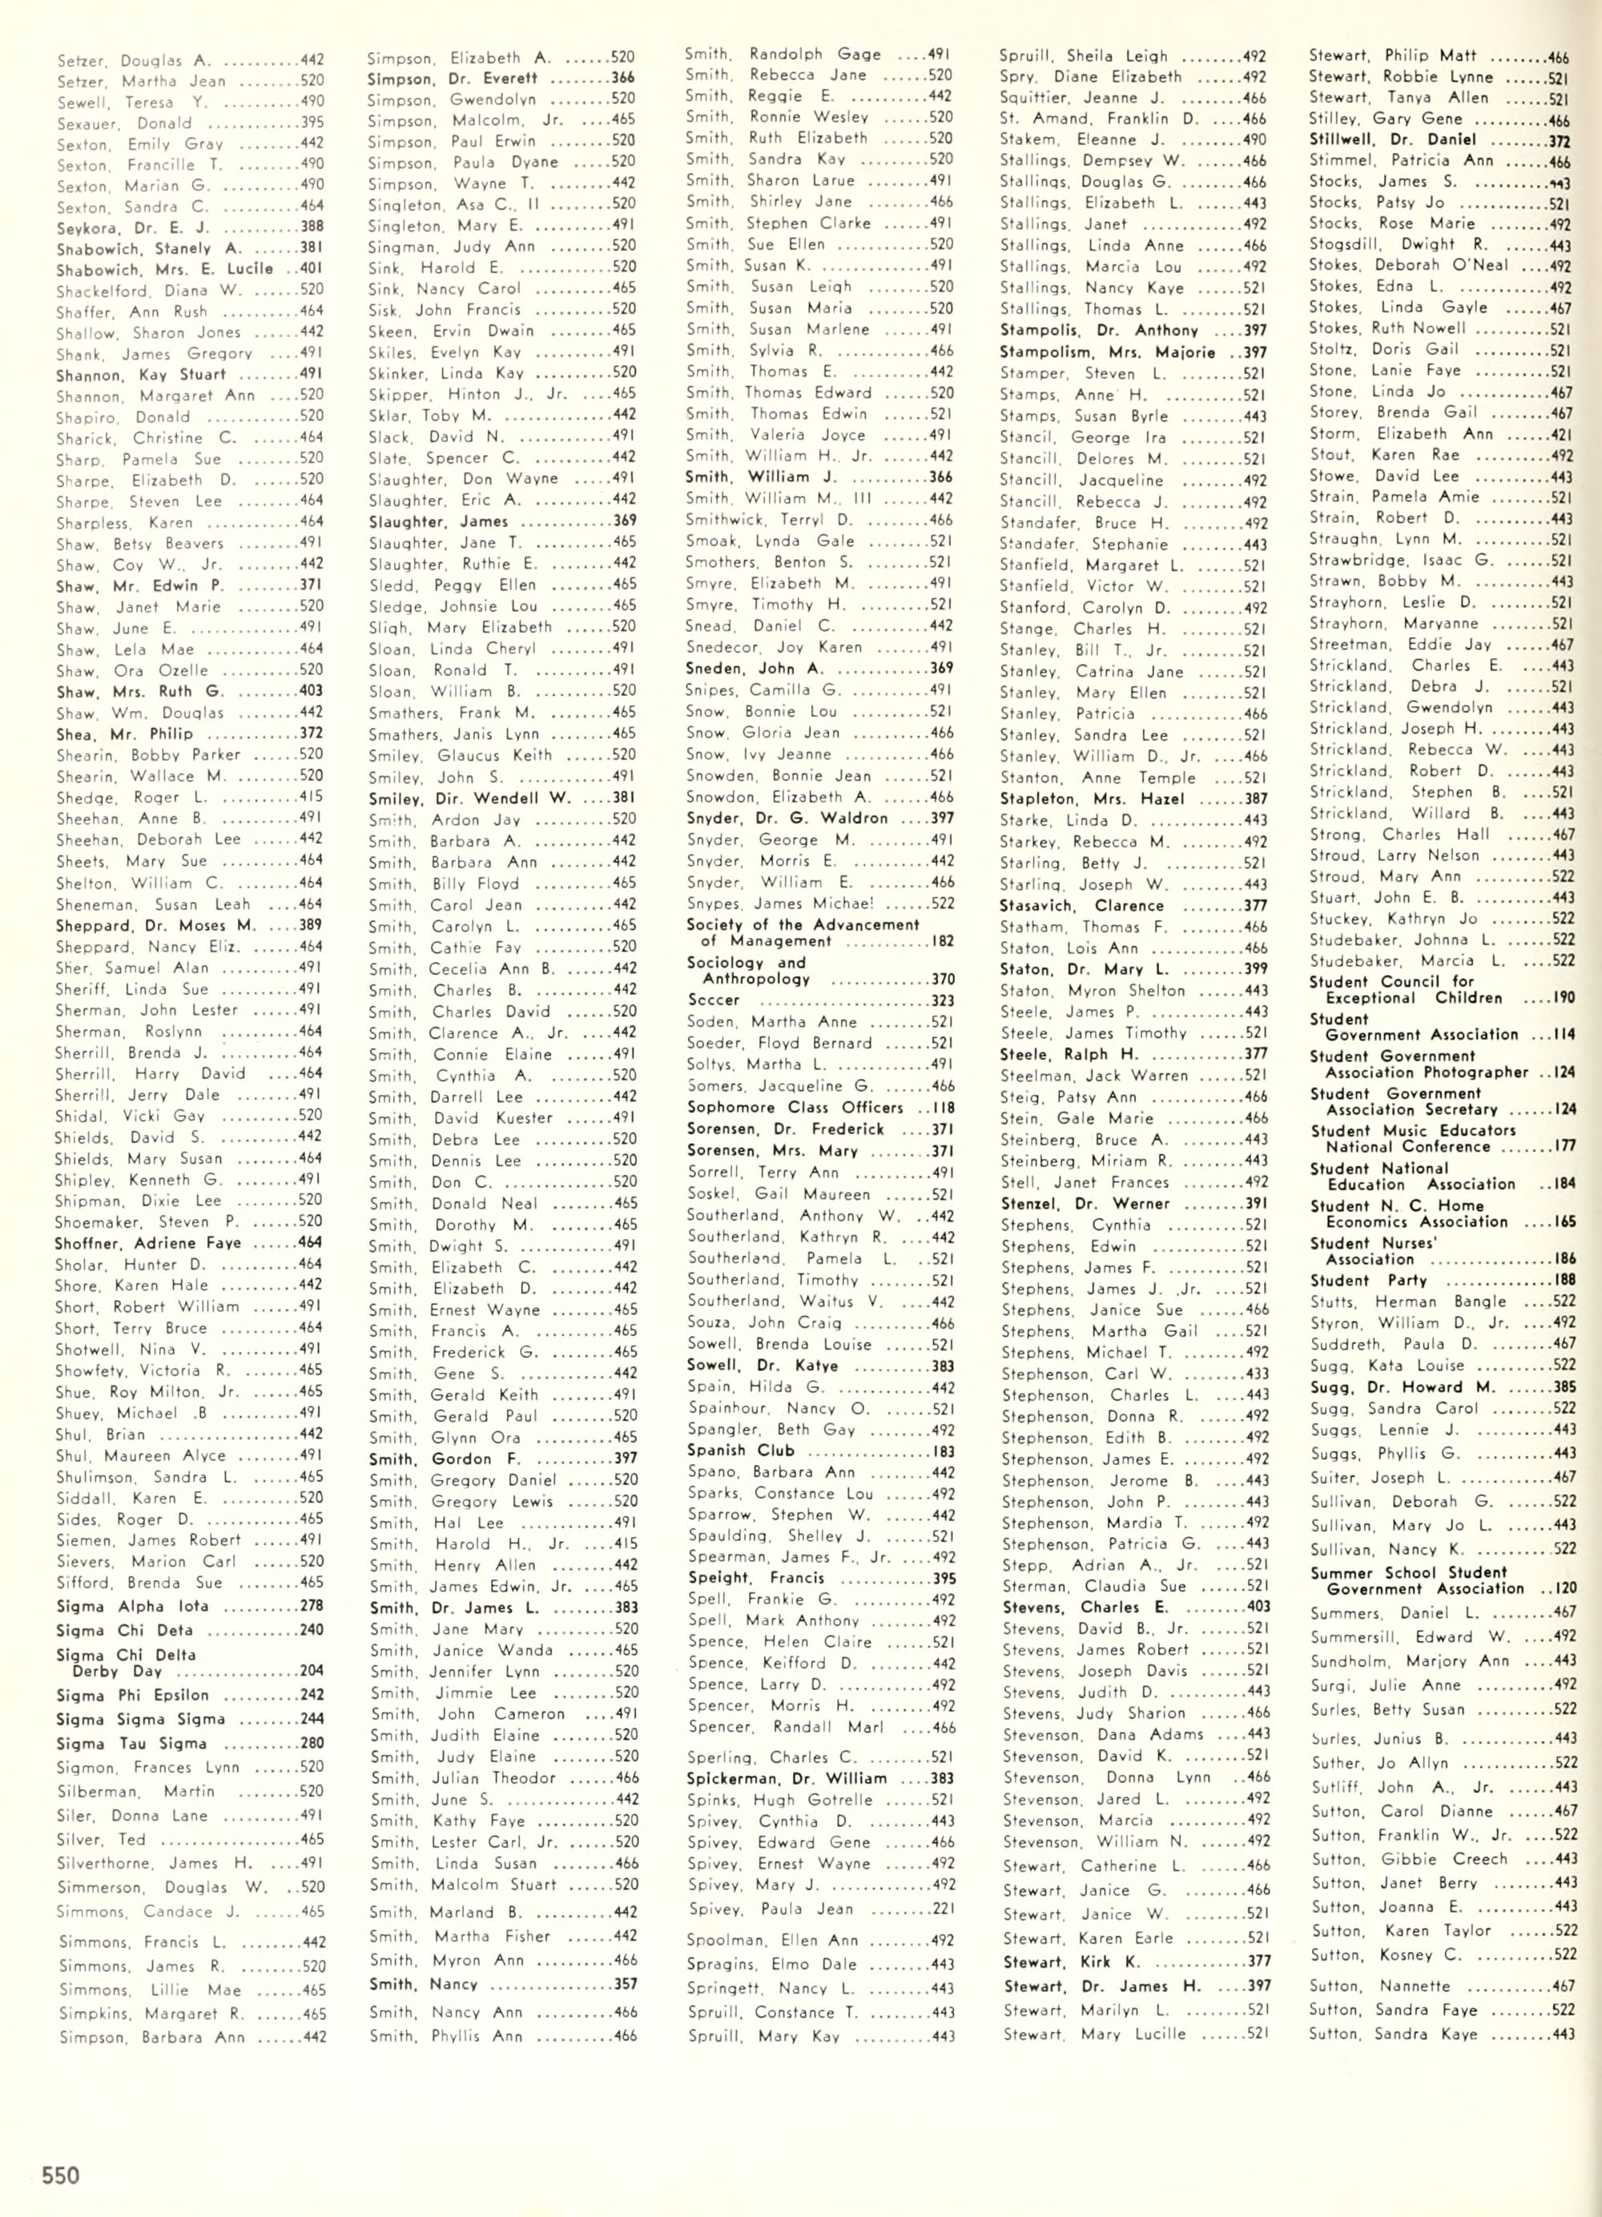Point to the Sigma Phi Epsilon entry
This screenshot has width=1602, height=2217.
pos(132,1695)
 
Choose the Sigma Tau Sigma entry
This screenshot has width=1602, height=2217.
pos(131,1743)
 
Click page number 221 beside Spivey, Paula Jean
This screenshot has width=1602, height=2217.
pos(942,1907)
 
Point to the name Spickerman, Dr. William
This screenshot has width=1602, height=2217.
pos(787,1778)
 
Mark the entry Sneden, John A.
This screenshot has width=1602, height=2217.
pos(755,669)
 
